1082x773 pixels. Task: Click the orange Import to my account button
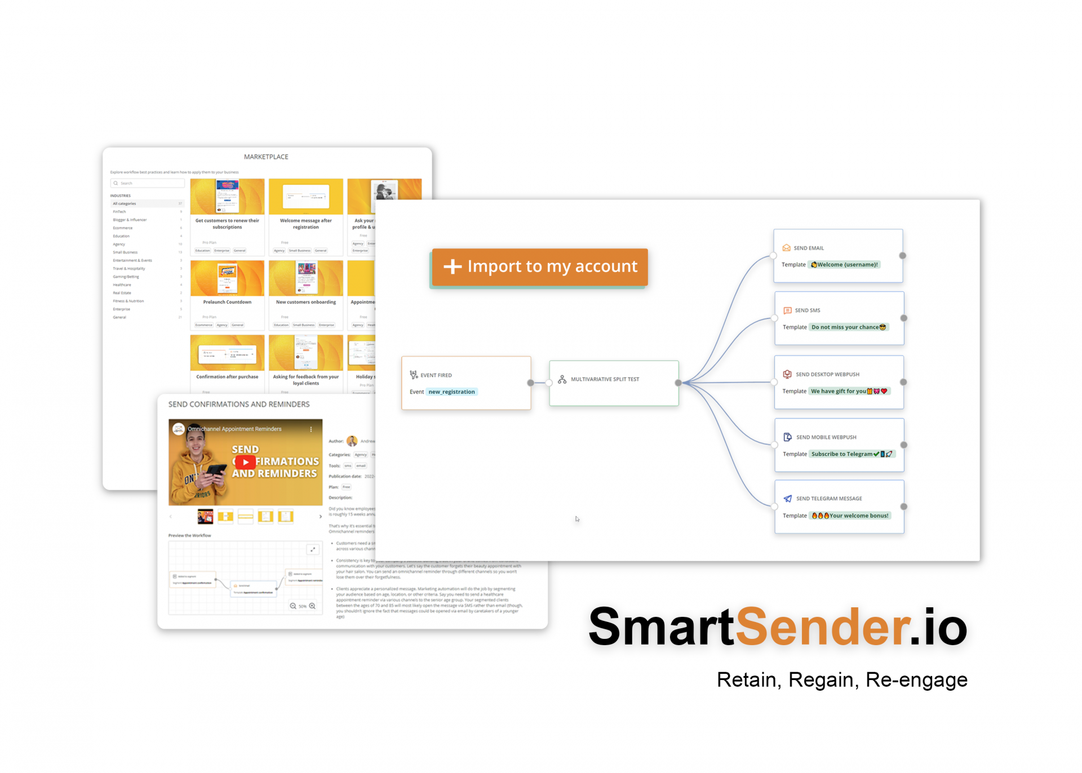(539, 266)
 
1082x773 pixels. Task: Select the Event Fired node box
(465, 383)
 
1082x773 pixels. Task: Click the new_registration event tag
(451, 392)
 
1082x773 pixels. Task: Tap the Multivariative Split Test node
(613, 383)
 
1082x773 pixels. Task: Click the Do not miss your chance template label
(848, 327)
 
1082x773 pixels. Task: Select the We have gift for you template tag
(849, 391)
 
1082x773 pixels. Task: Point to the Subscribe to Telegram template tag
(851, 454)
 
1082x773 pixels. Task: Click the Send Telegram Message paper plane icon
(787, 499)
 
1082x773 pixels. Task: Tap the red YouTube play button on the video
(245, 462)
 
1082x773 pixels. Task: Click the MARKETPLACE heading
(266, 157)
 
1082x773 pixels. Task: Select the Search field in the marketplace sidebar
(148, 183)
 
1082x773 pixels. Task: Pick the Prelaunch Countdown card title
(227, 302)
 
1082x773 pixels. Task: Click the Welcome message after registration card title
(305, 224)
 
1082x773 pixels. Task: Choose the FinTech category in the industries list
(119, 212)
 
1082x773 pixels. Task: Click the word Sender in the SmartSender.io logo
(823, 627)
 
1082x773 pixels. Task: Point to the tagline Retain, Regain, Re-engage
(841, 679)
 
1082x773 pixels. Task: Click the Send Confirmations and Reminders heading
(239, 404)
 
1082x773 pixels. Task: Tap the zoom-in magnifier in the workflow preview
(312, 606)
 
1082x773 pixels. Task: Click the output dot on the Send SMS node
(903, 318)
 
